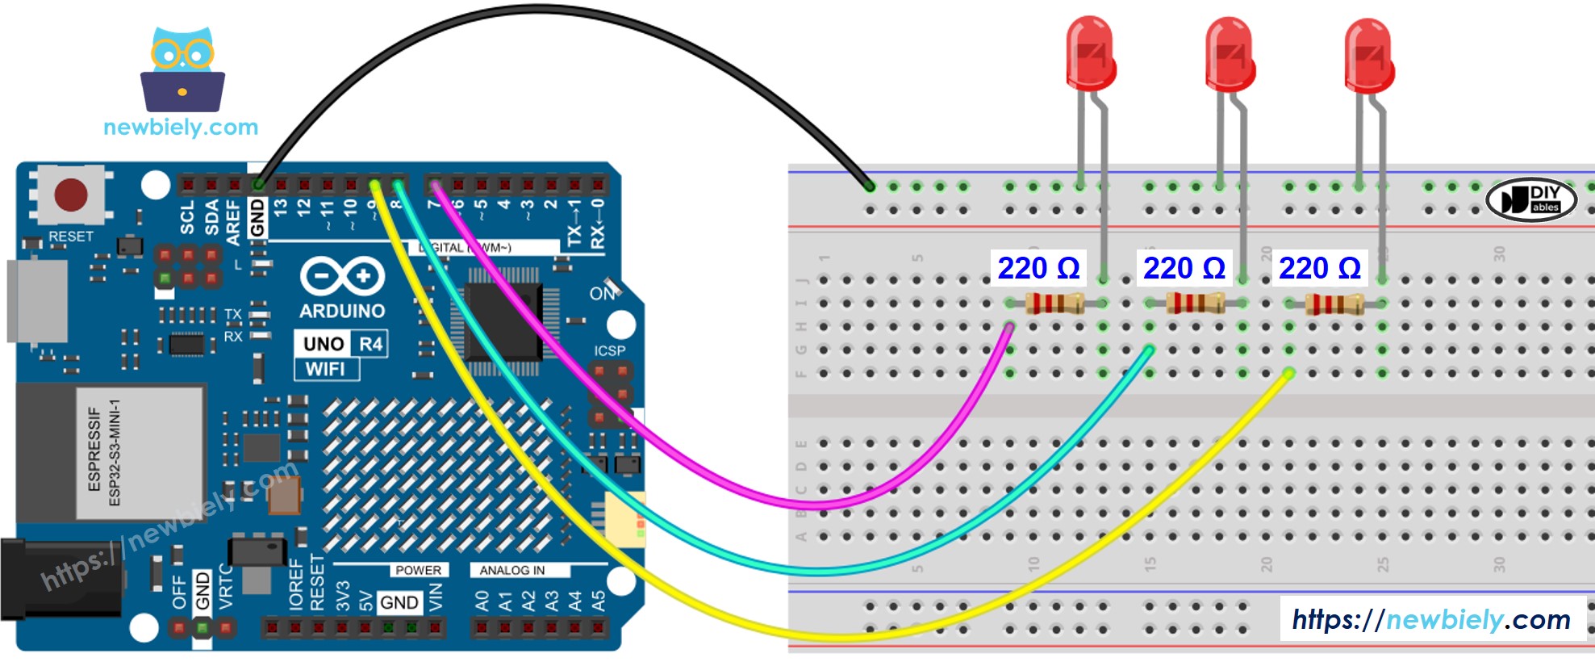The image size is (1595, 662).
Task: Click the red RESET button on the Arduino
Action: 70,195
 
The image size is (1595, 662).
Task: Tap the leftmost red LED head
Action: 1090,53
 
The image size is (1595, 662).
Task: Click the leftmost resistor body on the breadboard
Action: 1055,304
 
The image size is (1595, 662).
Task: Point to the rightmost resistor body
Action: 1334,304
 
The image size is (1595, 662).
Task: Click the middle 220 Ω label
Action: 1184,268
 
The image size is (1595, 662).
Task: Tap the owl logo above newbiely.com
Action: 183,70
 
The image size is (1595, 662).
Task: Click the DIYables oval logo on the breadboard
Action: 1530,199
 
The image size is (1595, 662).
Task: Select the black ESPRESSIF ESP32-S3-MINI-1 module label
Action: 140,452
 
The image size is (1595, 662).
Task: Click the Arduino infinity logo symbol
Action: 342,277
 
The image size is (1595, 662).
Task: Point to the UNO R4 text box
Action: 341,344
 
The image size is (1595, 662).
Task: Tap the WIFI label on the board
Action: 325,369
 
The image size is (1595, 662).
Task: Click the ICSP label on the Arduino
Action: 609,350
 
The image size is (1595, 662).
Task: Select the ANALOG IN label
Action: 511,570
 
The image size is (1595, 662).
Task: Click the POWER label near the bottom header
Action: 417,570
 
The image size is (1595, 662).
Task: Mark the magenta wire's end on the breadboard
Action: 1009,327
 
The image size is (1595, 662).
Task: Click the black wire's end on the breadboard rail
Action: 869,186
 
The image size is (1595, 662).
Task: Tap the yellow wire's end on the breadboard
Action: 1288,373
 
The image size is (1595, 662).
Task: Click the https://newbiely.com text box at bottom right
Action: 1431,619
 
